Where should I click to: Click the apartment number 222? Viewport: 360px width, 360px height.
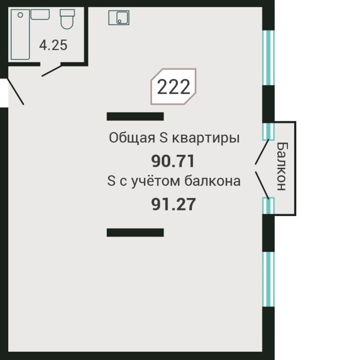tap(173, 87)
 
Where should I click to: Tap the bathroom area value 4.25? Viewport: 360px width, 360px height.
tap(53, 45)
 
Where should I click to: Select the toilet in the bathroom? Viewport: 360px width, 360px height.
tap(67, 20)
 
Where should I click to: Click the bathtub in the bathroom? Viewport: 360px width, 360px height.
tap(20, 34)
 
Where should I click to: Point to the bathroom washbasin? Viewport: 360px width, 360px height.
tap(40, 14)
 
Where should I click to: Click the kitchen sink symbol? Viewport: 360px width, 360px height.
tap(119, 18)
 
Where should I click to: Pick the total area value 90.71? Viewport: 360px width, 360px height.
tap(173, 161)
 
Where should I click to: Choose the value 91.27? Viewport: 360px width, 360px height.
tap(173, 205)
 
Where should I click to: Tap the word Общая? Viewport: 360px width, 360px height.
tap(126, 138)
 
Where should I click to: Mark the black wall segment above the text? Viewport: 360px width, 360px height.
tap(135, 116)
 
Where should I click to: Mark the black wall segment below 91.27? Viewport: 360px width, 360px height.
tap(135, 232)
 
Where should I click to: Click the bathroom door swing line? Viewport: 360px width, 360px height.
tap(52, 70)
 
